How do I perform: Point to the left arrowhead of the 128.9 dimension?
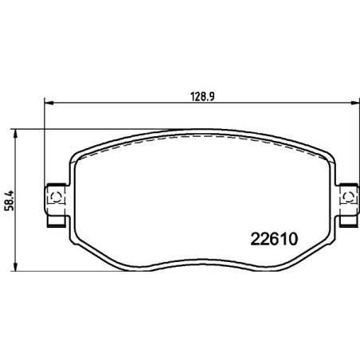48,103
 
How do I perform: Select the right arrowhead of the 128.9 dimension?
353,103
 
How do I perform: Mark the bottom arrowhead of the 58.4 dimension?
18,267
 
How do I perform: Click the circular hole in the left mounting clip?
56,195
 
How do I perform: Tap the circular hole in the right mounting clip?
346,195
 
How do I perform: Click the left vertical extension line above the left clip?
44,143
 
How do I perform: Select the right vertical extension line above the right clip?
358,143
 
